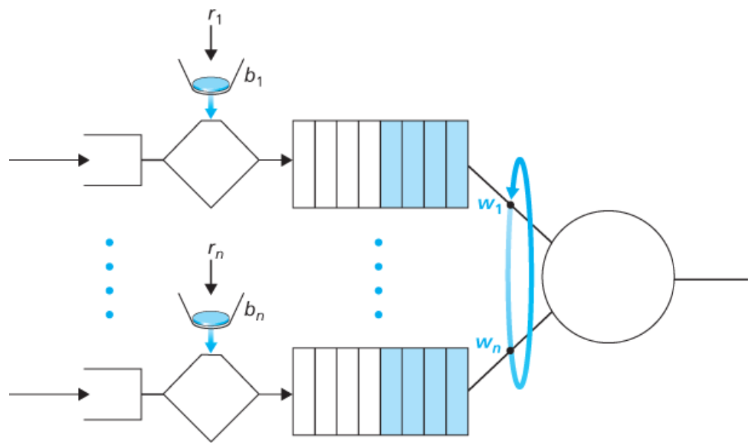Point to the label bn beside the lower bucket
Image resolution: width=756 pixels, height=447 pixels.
(x=254, y=312)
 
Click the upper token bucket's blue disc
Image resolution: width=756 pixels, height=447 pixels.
(x=211, y=83)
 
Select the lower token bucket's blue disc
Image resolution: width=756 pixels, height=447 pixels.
(x=211, y=318)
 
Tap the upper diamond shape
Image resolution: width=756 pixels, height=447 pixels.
(x=211, y=160)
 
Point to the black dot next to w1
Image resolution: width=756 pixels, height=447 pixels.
(x=511, y=204)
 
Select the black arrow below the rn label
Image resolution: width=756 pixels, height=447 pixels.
(x=211, y=279)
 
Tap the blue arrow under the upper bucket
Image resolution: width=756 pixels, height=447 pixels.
(x=211, y=108)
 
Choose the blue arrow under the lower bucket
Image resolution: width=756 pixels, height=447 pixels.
(x=211, y=342)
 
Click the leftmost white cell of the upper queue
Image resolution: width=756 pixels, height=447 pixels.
(x=304, y=163)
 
